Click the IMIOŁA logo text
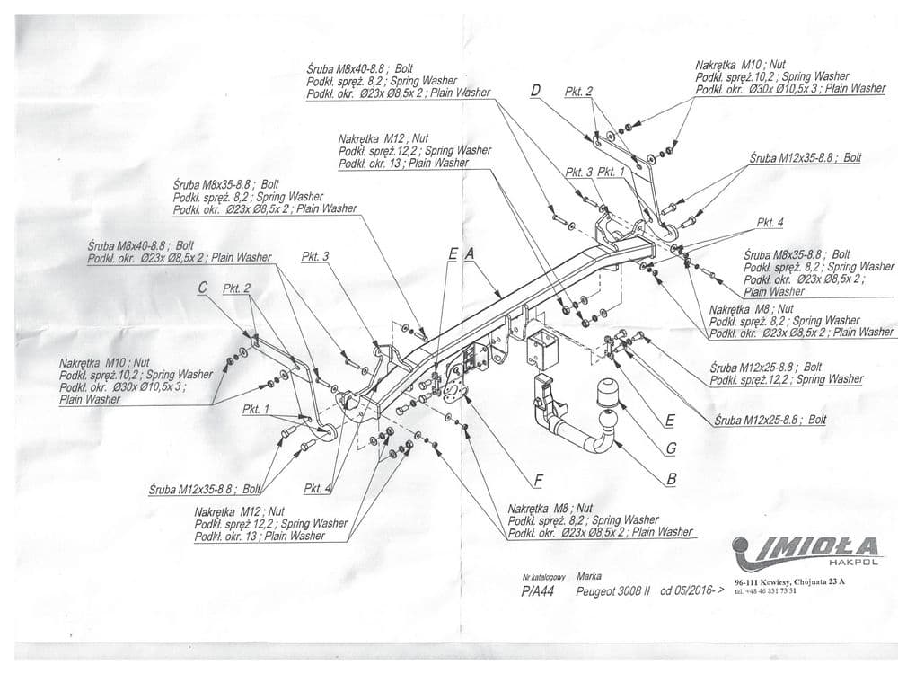tap(804, 545)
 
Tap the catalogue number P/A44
tap(538, 592)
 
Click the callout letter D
tap(535, 90)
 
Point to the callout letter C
tap(202, 288)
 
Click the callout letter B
tap(671, 479)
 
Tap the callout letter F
tap(539, 480)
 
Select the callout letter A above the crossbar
tap(469, 255)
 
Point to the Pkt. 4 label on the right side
tap(770, 222)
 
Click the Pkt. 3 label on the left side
tap(314, 256)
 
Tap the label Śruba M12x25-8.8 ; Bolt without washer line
tap(770, 419)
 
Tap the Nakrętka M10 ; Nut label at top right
tap(740, 65)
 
